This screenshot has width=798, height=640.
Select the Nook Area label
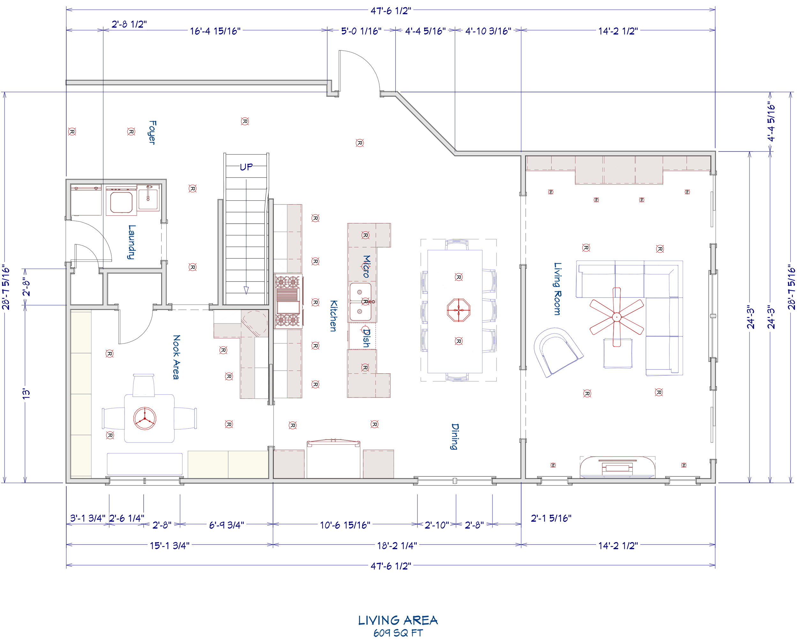[177, 357]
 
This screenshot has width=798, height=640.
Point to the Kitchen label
[334, 316]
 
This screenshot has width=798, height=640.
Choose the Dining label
[455, 436]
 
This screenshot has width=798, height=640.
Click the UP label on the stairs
[246, 167]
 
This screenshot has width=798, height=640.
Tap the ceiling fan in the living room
[617, 317]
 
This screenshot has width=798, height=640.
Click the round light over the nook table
[145, 418]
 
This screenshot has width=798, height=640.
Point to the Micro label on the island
[366, 266]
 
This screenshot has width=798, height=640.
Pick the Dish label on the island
[366, 338]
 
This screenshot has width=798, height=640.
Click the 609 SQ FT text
[398, 633]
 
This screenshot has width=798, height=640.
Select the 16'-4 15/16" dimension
[215, 31]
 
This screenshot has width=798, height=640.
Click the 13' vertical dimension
[26, 394]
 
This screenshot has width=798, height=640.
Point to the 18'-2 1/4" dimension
[397, 545]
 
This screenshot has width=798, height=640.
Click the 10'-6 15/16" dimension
[345, 525]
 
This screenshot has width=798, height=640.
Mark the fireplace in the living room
[617, 467]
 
